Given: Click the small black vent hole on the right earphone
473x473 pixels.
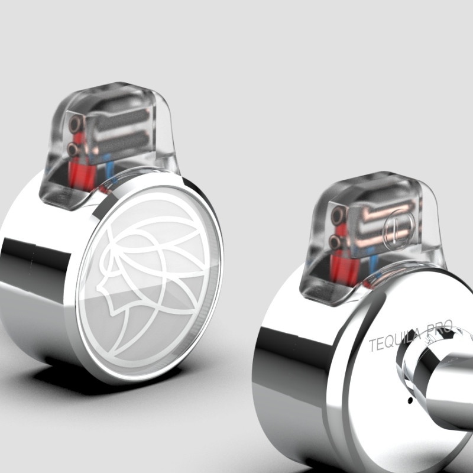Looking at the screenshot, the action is [410, 401].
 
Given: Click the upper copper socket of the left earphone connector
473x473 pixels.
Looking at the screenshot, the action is [74, 124].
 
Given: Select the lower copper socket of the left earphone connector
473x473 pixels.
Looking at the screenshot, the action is [73, 149].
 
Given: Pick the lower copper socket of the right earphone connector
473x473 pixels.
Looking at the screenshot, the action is [335, 241].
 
